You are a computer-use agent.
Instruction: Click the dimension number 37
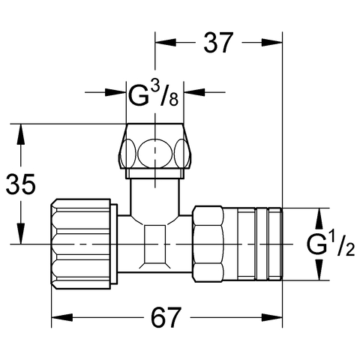(x=218, y=43)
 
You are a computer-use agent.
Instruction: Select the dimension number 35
(x=21, y=184)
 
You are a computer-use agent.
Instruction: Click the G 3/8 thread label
(x=154, y=94)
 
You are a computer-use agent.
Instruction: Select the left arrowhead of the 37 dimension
(x=166, y=43)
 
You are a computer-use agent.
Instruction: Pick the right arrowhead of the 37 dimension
(x=271, y=43)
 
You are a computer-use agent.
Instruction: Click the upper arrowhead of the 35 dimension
(x=21, y=134)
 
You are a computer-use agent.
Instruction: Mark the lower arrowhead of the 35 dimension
(x=21, y=233)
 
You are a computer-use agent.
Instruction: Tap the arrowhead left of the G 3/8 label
(x=115, y=92)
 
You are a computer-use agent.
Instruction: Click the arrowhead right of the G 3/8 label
(x=194, y=92)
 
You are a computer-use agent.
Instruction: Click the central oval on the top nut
(x=155, y=153)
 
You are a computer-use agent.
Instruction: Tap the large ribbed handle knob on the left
(x=81, y=244)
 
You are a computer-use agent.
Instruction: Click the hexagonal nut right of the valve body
(x=208, y=244)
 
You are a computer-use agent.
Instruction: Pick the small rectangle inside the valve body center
(x=155, y=244)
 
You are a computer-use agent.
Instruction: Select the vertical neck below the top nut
(x=154, y=197)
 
